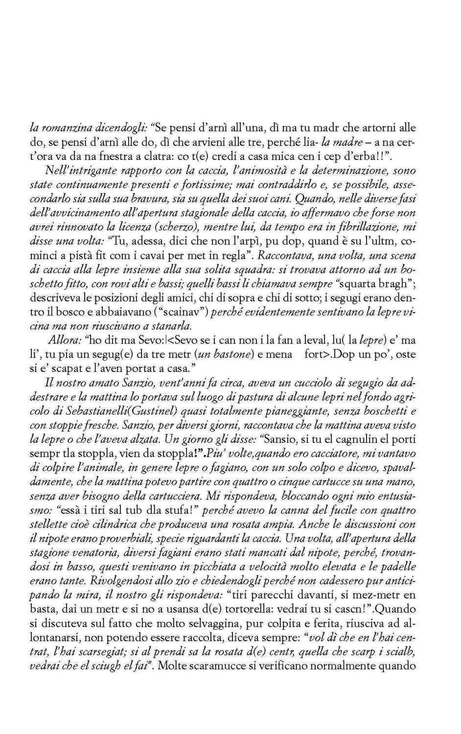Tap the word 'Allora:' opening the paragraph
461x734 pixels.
[x=65, y=340]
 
